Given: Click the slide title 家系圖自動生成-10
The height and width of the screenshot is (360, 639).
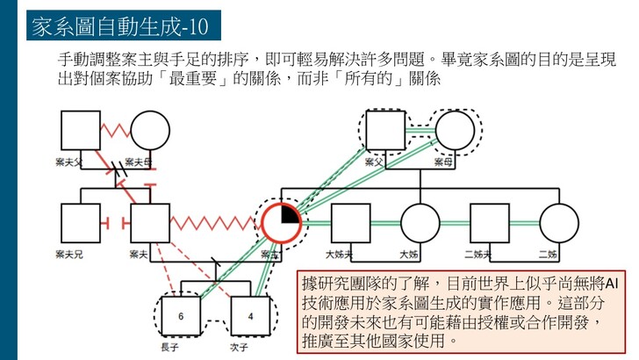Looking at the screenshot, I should coord(121,26).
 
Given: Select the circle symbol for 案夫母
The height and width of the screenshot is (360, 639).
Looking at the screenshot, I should coord(149,131).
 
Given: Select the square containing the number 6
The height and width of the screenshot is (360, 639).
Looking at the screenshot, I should coord(181,315).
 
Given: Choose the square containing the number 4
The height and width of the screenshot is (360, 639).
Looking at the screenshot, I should coord(251,315).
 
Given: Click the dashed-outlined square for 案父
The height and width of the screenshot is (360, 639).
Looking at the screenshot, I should coord(385,130).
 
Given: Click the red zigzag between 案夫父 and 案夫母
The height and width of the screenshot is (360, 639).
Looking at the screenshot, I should coord(115,133).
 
